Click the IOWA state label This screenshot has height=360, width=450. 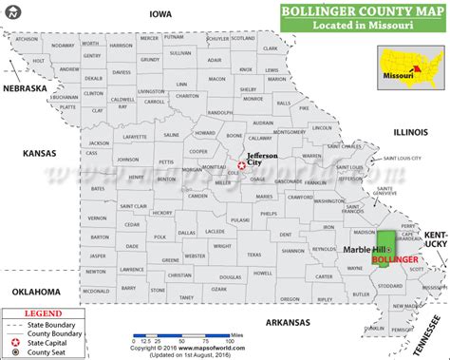click(x=159, y=14)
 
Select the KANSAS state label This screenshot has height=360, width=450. click(x=33, y=153)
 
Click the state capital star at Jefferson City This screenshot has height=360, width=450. click(x=241, y=166)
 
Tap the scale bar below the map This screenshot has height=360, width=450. click(x=158, y=336)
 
